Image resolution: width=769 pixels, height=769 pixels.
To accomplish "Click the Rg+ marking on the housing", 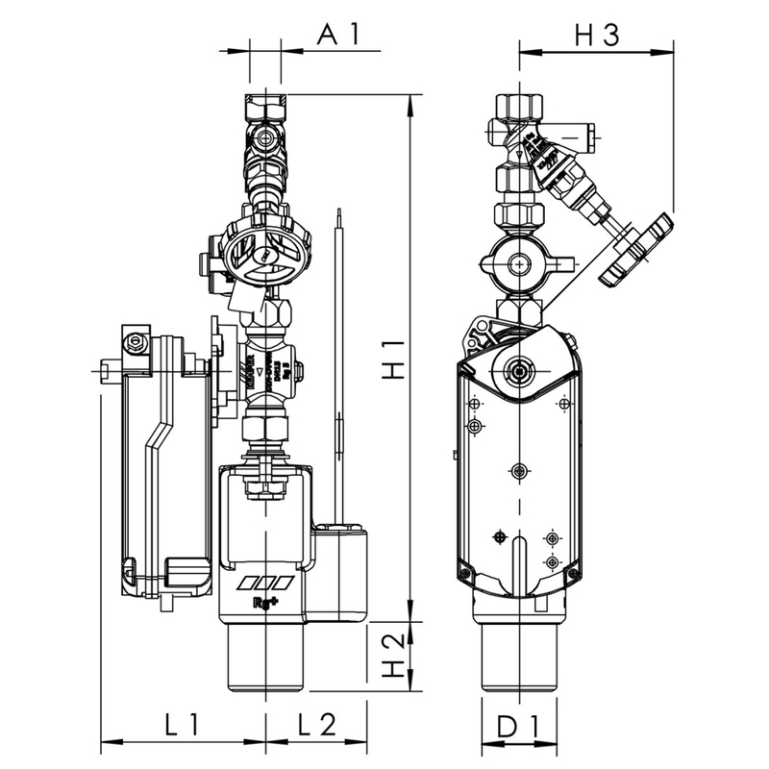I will [266, 604].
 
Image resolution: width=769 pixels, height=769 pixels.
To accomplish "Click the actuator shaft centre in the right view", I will [520, 370].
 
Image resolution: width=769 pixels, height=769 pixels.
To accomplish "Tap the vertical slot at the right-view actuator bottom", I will [519, 562].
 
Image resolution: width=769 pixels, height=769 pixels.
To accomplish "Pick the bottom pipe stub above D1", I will [519, 658].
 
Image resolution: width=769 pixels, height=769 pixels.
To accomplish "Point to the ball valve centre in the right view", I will [519, 261].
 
